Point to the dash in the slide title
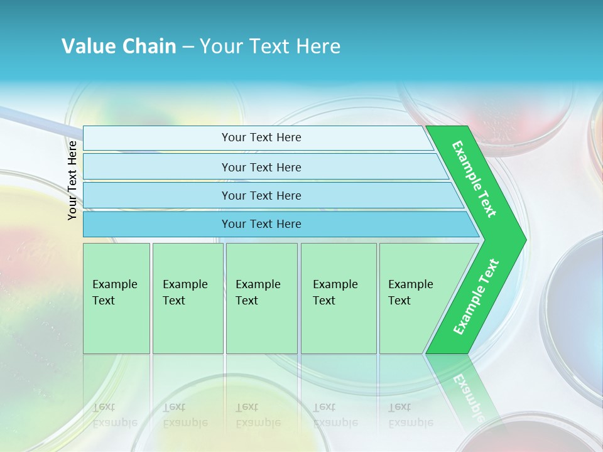tap(188, 46)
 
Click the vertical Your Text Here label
tap(72, 180)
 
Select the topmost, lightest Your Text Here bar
tap(261, 137)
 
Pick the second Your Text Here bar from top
tap(261, 167)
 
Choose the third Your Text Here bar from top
tap(261, 195)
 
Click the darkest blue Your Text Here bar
tap(261, 224)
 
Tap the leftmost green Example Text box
tap(116, 298)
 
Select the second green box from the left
tap(187, 298)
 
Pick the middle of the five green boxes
tap(261, 298)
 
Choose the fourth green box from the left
tap(338, 298)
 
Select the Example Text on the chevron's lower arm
tap(476, 297)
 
